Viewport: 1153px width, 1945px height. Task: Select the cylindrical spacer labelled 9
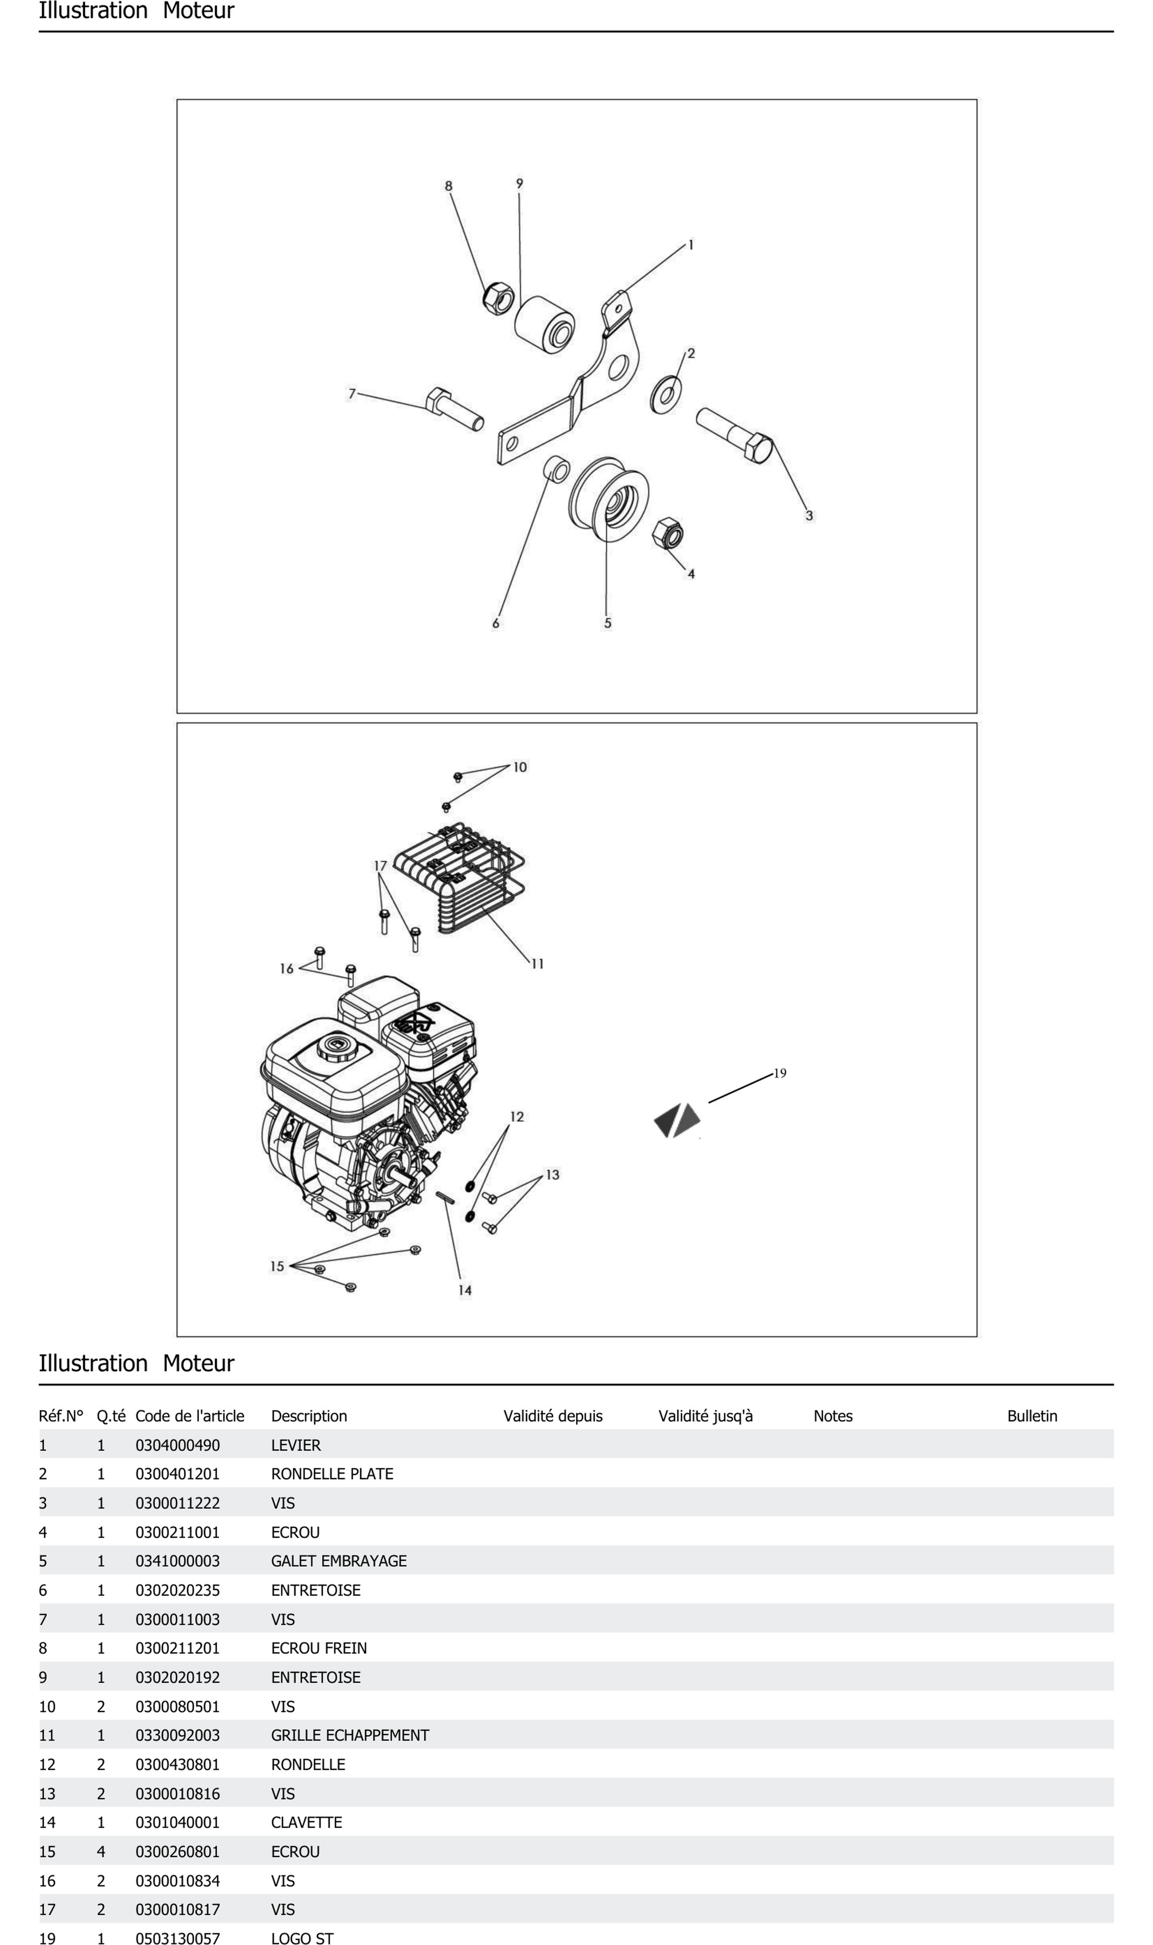point(544,324)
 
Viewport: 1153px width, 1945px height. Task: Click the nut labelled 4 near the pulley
point(668,534)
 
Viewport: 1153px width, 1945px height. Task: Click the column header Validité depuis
point(552,1416)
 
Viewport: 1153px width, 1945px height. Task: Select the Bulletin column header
point(1032,1416)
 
